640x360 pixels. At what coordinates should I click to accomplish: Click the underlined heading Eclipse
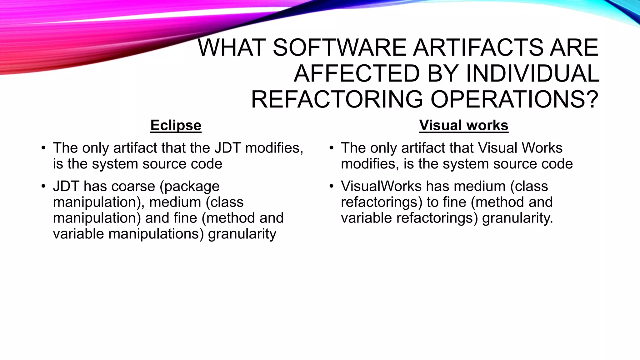coord(176,126)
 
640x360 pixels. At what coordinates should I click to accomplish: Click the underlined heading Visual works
coord(464,126)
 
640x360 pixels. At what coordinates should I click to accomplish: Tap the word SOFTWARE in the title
coord(338,48)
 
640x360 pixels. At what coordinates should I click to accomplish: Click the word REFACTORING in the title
coord(337,99)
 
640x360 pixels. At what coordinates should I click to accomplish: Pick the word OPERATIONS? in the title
coord(514,99)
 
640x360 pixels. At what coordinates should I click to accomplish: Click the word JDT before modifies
coord(227,148)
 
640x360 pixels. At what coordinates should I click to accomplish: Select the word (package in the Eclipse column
coord(190,187)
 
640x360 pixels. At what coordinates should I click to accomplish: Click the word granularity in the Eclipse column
coord(242,234)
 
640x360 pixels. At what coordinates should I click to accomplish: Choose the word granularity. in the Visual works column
coord(517,218)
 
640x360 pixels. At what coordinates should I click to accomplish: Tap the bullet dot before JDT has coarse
coord(43,187)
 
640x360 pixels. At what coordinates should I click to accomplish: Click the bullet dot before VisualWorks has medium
coord(332,187)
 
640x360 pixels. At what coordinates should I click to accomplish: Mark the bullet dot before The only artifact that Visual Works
coord(332,148)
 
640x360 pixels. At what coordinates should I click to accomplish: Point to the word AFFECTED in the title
coord(357,74)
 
